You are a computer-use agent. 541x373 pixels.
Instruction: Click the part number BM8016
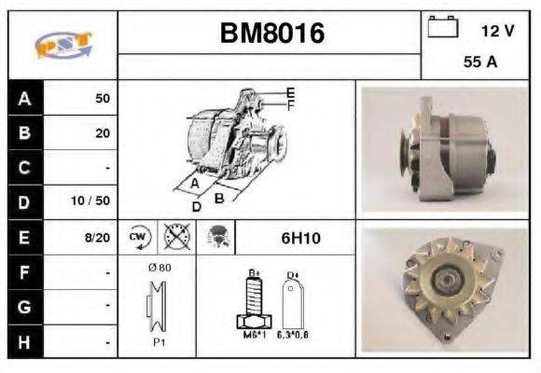(x=271, y=34)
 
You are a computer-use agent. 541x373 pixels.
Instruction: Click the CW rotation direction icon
(x=139, y=237)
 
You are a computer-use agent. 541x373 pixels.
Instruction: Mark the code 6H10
(x=300, y=238)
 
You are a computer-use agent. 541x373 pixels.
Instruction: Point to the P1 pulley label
(x=159, y=341)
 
